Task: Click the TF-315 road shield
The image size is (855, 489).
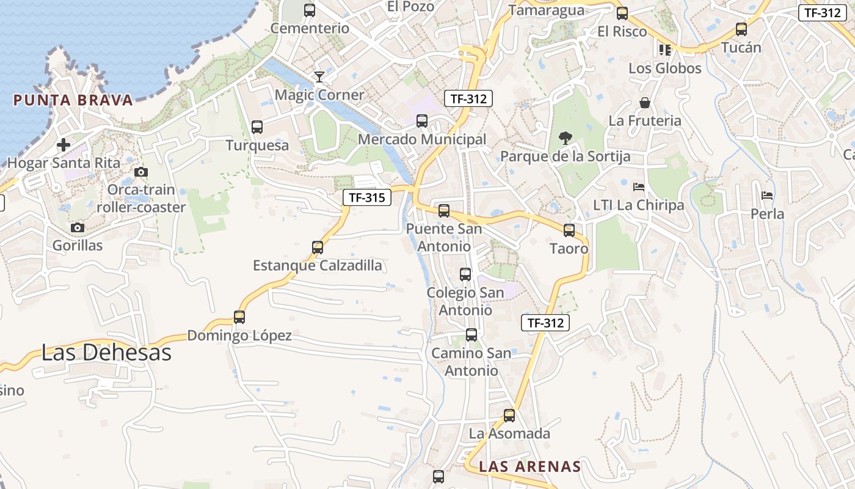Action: (x=366, y=197)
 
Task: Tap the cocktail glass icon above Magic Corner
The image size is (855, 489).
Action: (x=319, y=76)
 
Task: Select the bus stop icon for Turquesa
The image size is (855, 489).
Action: (x=257, y=127)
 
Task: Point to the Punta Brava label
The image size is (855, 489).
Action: (x=73, y=100)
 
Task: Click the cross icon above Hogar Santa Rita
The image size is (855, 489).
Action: (x=64, y=145)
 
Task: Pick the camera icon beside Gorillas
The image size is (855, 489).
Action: (x=77, y=228)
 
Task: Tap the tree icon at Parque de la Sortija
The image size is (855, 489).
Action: (x=566, y=138)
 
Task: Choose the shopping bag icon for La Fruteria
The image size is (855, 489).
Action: (x=645, y=103)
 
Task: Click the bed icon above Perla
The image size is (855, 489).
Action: (x=768, y=196)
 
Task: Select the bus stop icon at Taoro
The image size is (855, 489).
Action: (x=569, y=230)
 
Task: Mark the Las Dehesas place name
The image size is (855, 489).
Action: (x=106, y=352)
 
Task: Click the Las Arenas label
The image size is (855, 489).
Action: (x=529, y=466)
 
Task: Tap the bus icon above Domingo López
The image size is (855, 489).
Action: (x=239, y=317)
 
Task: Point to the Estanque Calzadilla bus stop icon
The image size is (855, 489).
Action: (x=318, y=248)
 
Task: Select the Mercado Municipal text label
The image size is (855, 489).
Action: (x=422, y=139)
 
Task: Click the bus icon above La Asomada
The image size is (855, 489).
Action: (x=509, y=416)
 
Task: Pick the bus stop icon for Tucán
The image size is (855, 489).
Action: (x=741, y=29)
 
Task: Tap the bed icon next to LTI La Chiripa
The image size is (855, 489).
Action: (x=639, y=187)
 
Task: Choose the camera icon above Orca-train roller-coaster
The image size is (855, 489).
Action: (x=141, y=172)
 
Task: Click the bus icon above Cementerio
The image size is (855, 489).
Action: (x=310, y=10)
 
